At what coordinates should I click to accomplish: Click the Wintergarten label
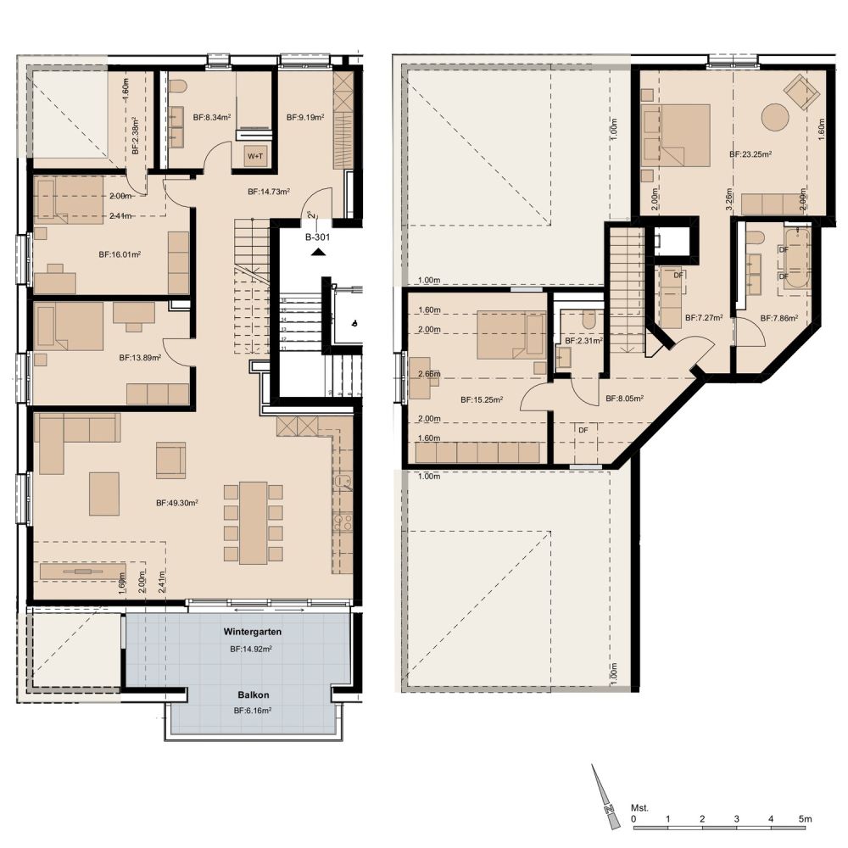pos(252,633)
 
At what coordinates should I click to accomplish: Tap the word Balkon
pos(252,693)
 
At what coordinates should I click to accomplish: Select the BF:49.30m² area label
pos(177,503)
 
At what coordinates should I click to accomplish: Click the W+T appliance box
pos(256,156)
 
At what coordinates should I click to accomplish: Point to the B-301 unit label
pos(318,238)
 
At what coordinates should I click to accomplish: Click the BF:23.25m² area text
pos(750,155)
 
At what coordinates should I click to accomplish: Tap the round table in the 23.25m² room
pos(775,116)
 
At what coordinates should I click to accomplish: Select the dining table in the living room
pos(253,522)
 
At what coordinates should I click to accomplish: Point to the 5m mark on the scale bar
pos(805,820)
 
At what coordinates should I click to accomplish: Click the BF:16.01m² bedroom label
pos(120,254)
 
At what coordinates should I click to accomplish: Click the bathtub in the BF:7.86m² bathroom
pos(796,259)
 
